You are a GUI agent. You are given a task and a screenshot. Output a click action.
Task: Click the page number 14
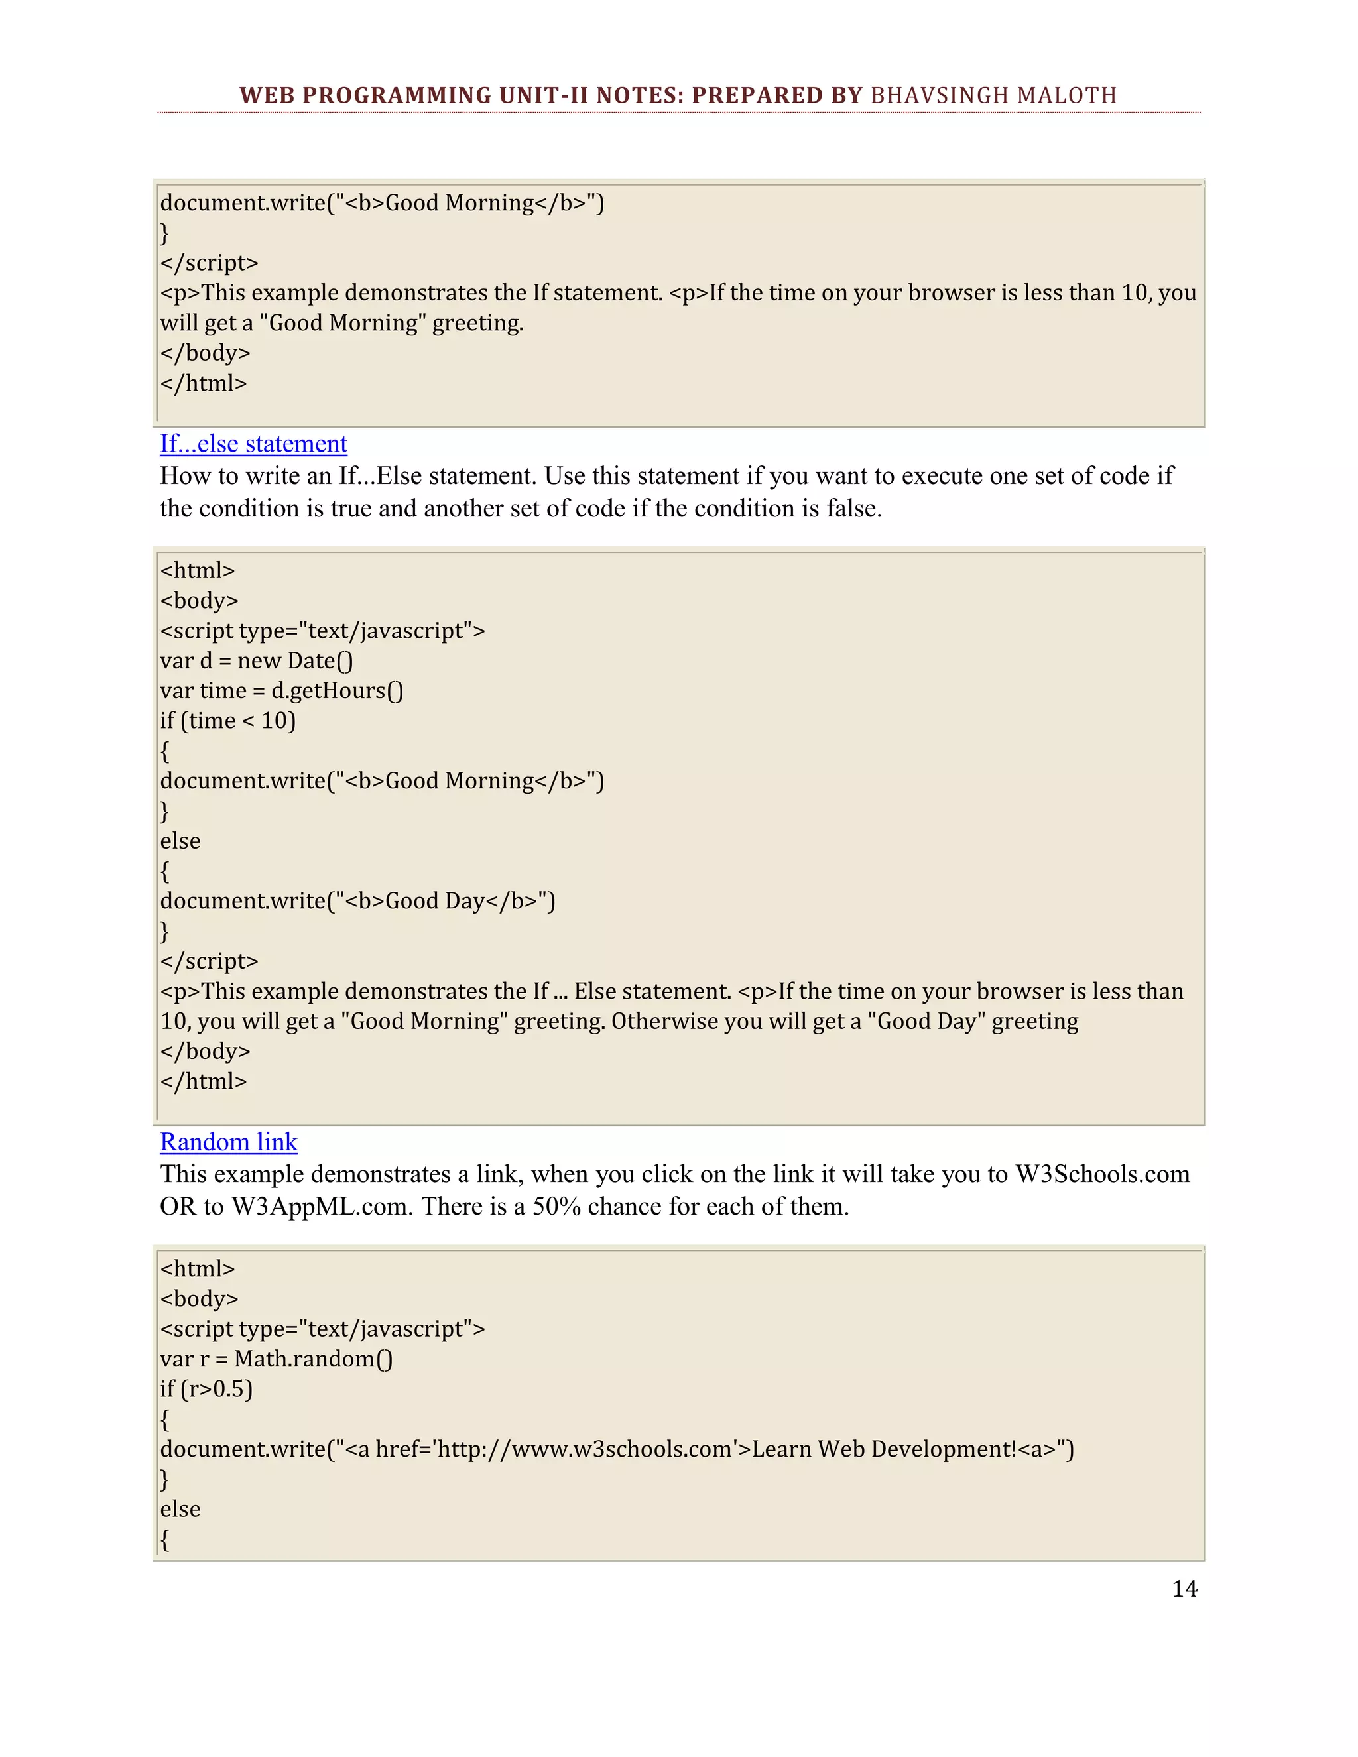click(x=1184, y=1588)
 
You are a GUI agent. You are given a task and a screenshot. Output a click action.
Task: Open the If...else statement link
click(x=253, y=444)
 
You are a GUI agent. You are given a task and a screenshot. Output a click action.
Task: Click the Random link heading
click(x=229, y=1142)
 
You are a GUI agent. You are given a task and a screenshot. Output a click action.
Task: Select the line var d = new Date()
click(x=257, y=660)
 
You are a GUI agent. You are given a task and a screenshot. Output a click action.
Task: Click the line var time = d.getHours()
click(x=282, y=690)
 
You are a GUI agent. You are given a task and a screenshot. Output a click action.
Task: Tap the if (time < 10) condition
click(x=227, y=721)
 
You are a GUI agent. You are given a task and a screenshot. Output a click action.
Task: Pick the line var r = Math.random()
click(x=276, y=1359)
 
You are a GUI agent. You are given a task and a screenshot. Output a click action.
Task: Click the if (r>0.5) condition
click(x=206, y=1388)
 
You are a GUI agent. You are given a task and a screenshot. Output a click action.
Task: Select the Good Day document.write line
click(x=357, y=901)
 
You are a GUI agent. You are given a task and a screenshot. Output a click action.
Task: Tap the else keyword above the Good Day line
click(x=180, y=841)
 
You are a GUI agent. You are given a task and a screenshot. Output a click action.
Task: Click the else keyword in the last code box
click(x=180, y=1509)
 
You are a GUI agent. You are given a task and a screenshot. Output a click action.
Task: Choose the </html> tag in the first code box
click(x=204, y=383)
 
